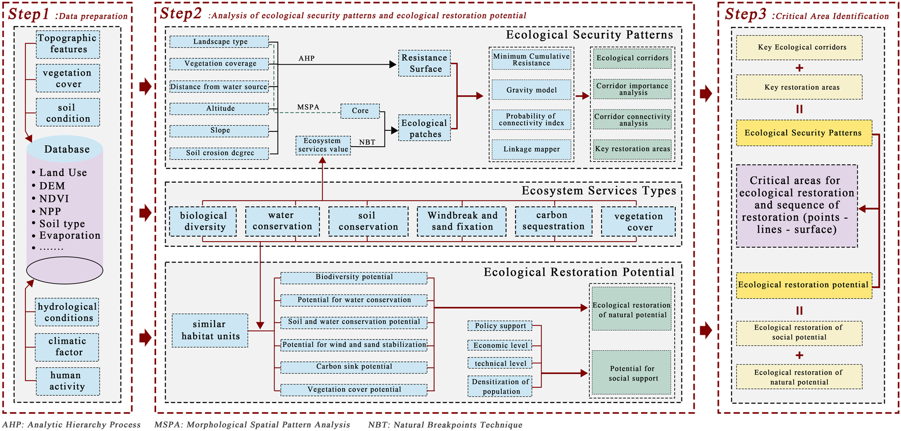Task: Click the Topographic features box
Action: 68,44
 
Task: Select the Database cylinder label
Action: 67,149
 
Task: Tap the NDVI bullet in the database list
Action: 54,198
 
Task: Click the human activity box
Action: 68,381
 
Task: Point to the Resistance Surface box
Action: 424,64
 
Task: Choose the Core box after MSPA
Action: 360,110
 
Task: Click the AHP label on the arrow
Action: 306,58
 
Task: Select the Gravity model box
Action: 531,90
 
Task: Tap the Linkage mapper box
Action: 531,149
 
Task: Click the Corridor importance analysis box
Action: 632,89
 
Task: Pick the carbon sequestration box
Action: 553,221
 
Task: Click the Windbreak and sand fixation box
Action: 462,221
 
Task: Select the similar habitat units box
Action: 210,330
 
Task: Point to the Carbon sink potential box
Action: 354,366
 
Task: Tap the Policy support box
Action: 500,326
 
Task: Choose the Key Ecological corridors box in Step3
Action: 799,47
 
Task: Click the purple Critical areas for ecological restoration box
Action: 796,205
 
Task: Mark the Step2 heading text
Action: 181,14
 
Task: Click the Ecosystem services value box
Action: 323,145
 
